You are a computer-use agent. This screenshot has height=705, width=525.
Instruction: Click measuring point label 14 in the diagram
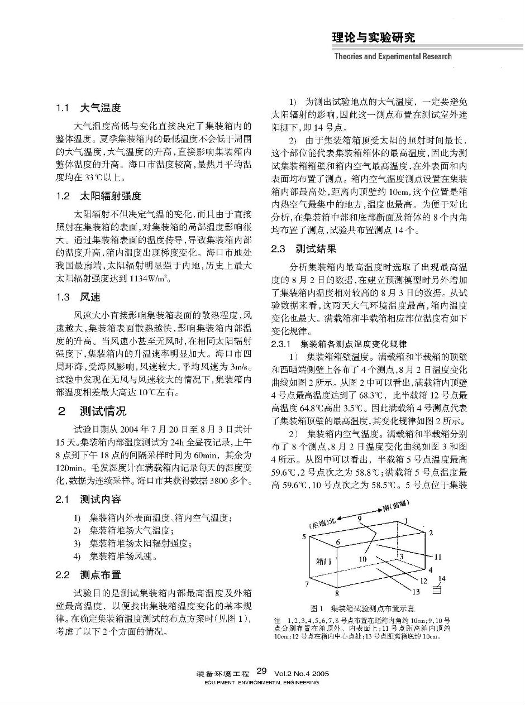click(x=442, y=579)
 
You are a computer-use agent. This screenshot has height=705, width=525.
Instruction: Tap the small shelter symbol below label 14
click(x=437, y=589)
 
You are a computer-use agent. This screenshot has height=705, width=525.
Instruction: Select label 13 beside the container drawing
click(x=416, y=592)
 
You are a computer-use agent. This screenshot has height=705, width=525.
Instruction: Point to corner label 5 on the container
click(x=304, y=536)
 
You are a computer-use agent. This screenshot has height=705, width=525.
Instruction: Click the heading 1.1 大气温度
click(x=88, y=108)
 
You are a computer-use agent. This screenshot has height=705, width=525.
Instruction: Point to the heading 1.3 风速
click(x=78, y=297)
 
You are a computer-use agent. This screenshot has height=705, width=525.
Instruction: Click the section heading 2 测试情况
click(x=92, y=411)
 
